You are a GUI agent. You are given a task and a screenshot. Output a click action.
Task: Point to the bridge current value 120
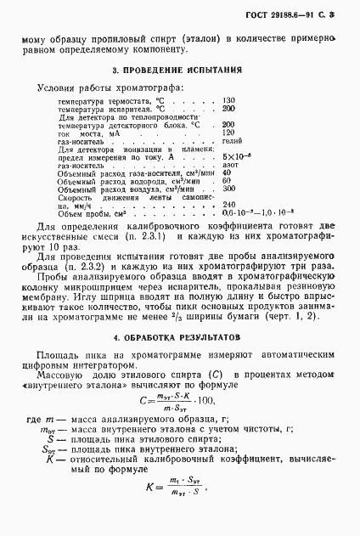(228, 133)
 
